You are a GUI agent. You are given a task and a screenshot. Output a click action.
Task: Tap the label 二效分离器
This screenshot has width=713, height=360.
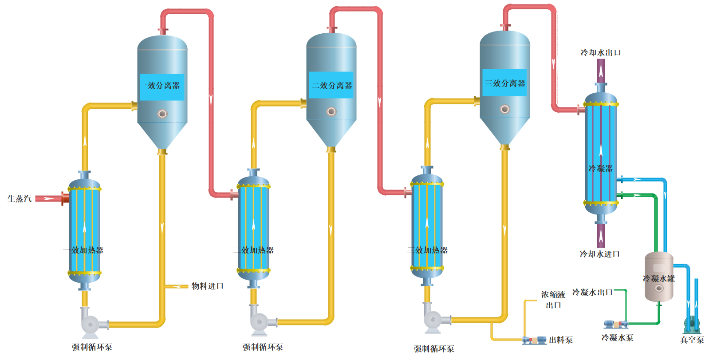(x=331, y=86)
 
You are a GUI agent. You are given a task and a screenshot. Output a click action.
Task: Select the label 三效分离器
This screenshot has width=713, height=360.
(x=504, y=83)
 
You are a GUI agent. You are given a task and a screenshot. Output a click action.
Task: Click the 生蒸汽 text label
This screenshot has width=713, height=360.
(x=20, y=199)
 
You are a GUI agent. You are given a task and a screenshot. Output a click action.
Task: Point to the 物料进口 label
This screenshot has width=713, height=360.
(x=207, y=286)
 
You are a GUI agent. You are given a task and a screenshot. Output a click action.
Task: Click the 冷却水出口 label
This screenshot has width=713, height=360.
(x=601, y=53)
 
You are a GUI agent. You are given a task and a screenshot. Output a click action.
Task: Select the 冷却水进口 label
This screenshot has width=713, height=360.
(x=599, y=254)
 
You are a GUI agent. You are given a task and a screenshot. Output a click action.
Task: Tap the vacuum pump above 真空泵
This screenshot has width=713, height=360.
(x=692, y=325)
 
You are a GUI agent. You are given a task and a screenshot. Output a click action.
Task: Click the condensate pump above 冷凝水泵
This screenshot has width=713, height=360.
(x=616, y=324)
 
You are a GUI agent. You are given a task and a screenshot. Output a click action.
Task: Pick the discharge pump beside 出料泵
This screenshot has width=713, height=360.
(x=534, y=340)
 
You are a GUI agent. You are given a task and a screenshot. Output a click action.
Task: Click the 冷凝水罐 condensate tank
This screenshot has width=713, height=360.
(x=659, y=277)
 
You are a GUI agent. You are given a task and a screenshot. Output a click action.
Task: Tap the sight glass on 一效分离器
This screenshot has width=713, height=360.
(x=162, y=114)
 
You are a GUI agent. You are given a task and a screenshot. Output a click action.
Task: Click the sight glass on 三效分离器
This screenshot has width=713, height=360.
(x=504, y=109)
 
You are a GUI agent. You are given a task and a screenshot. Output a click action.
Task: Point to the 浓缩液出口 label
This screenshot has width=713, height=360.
(x=553, y=300)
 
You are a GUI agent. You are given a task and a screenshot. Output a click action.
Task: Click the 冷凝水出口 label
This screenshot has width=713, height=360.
(x=592, y=292)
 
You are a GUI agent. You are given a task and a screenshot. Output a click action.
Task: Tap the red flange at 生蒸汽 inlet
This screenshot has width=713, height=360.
(x=65, y=198)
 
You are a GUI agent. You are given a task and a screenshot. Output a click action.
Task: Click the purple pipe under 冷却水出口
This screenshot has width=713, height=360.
(x=601, y=70)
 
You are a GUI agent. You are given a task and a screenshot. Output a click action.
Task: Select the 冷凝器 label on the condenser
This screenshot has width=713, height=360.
(x=600, y=169)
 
